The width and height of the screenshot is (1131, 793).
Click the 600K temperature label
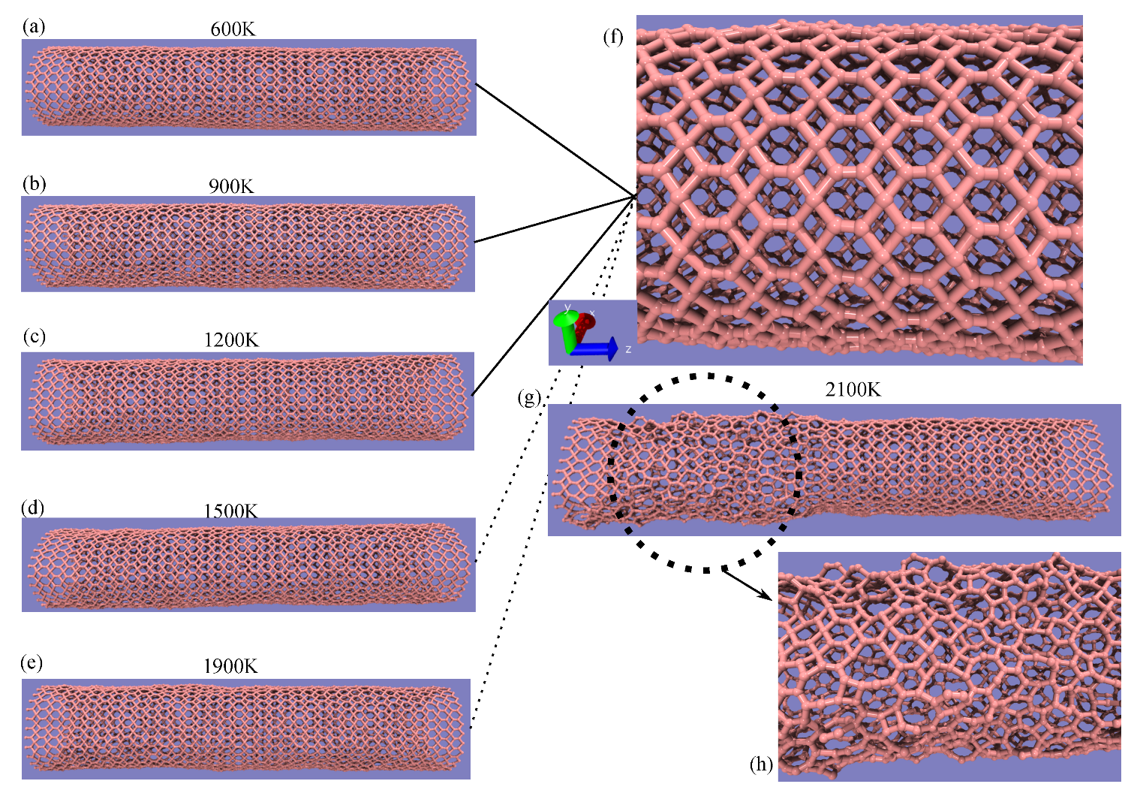pos(233,29)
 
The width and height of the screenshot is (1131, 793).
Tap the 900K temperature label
pos(231,186)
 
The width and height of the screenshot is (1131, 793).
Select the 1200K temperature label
pos(231,340)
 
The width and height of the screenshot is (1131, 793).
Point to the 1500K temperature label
pos(230,511)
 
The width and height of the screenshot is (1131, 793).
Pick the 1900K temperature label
pos(230,666)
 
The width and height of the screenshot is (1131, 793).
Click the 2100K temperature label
pos(853,390)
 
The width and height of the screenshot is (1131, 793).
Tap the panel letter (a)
pos(34,26)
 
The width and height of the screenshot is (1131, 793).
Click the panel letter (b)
pos(35,184)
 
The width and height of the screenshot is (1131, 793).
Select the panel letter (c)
pos(35,336)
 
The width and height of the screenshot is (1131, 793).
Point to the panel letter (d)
pos(33,508)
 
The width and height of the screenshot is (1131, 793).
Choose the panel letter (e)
pos(32,662)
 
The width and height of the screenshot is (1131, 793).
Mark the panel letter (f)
pos(613,38)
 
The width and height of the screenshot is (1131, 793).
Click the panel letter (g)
pos(529,399)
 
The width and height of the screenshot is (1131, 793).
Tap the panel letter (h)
pos(762,764)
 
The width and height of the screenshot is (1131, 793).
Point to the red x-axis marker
pos(585,323)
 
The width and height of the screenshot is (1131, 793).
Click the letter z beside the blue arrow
pos(628,349)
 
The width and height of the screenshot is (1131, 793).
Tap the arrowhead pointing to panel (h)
pos(766,596)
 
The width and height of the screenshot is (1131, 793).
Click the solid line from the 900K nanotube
pos(555,219)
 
